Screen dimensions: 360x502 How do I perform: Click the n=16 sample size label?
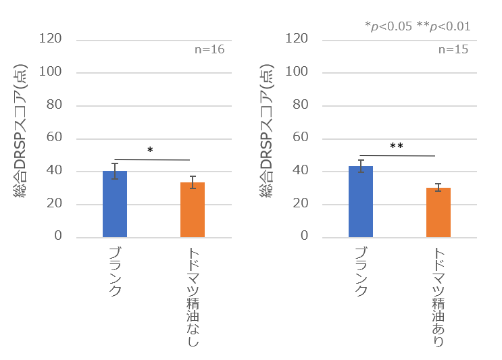point(209,49)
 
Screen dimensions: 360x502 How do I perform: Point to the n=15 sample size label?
point(453,49)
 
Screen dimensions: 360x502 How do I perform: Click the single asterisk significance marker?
point(151,150)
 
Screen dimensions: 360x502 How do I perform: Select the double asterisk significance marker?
point(397,146)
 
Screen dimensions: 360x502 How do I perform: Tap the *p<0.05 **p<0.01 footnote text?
point(418,26)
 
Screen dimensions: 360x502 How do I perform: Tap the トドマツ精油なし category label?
point(193,298)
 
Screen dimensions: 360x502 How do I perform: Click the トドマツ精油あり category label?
point(438,298)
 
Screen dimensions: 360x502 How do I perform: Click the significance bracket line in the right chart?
point(398,155)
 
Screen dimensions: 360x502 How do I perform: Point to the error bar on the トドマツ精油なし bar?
point(193,182)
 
